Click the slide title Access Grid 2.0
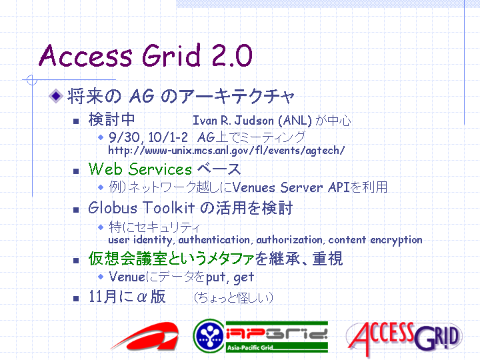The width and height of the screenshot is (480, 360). (146, 55)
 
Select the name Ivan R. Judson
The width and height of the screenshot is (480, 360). (233, 121)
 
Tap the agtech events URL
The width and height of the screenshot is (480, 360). (227, 150)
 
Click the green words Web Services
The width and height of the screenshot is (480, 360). (140, 169)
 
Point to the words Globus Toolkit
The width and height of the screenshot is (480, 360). (141, 207)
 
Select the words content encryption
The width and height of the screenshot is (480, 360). (375, 240)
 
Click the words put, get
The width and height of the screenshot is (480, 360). (229, 277)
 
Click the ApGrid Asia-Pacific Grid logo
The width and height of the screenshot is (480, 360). (261, 336)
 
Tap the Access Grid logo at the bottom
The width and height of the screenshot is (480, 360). (404, 338)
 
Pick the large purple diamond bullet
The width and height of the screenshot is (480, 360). (56, 96)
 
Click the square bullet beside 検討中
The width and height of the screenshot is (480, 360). (76, 121)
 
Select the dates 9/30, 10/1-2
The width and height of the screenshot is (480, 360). (148, 137)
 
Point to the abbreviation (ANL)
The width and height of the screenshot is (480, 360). (295, 121)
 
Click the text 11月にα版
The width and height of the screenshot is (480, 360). (127, 297)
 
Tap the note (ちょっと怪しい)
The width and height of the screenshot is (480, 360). (233, 297)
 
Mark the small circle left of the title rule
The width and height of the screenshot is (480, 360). (32, 80)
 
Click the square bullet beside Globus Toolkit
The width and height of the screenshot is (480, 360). (76, 210)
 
